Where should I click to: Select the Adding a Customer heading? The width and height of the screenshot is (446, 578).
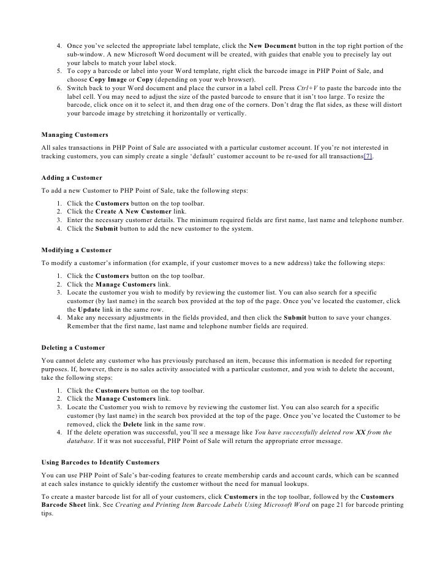tap(71, 177)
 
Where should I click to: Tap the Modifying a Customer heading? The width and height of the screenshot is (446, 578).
tap(76, 250)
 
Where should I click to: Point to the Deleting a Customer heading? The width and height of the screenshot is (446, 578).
tap(73, 348)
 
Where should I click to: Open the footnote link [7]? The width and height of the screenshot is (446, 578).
tap(368, 156)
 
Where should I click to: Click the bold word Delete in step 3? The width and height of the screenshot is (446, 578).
tap(134, 423)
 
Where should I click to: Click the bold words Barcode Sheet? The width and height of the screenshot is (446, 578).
tap(69, 505)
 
